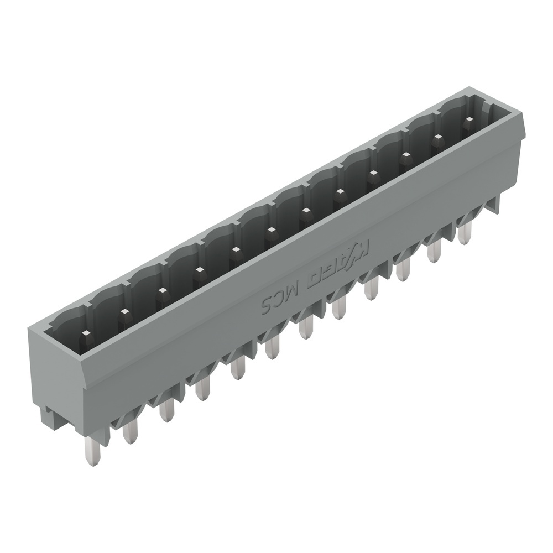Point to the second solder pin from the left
point(130,430)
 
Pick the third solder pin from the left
point(166,410)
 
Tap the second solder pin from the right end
point(434,251)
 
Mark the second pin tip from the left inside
point(124,312)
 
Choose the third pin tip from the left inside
point(161,291)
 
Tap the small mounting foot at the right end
point(494,205)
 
